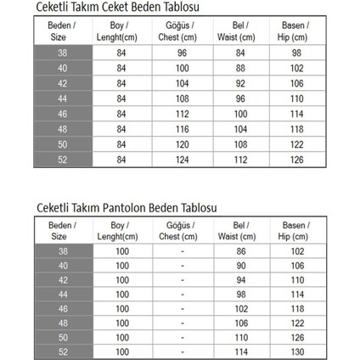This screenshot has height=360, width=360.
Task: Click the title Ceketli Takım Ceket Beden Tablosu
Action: point(115,7)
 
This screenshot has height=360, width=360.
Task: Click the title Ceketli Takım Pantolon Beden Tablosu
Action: point(127,207)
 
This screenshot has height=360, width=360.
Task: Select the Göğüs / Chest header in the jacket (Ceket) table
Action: point(180,31)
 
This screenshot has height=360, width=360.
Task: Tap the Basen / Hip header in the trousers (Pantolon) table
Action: point(296,231)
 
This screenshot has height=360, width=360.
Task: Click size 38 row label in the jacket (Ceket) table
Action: point(61,53)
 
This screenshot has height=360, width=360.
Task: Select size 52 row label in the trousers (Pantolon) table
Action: point(62,352)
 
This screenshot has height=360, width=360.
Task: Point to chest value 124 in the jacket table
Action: point(182,160)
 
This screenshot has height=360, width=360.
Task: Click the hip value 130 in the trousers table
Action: point(296,352)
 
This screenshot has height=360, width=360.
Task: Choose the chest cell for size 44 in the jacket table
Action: point(182,98)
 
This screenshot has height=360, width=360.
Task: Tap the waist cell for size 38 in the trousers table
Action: point(240,251)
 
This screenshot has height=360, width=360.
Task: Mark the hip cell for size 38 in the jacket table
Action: point(295,53)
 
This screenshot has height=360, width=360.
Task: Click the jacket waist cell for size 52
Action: point(240,160)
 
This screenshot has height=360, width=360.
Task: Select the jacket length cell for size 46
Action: point(121,114)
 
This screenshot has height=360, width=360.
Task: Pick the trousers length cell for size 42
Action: point(122,280)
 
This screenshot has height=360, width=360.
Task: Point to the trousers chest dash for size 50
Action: point(182,337)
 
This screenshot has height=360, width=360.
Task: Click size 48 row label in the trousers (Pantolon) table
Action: point(62,323)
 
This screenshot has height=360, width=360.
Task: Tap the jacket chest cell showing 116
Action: point(182,129)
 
